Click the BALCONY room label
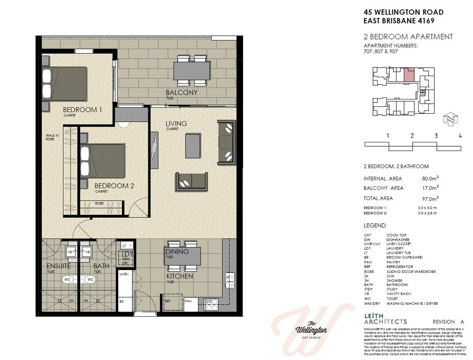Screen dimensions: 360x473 pyautogui.click(x=181, y=93)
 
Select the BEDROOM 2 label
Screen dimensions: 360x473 pyautogui.click(x=112, y=185)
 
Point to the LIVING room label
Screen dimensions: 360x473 pyautogui.click(x=176, y=124)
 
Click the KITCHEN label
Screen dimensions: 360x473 pyautogui.click(x=179, y=276)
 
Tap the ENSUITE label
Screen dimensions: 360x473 pyautogui.click(x=58, y=266)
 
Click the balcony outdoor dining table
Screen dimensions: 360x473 pyautogui.click(x=192, y=71)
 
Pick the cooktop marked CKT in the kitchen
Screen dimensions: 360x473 pyautogui.click(x=209, y=302)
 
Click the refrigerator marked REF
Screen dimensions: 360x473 pyautogui.click(x=168, y=301)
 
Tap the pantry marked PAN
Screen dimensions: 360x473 pyautogui.click(x=188, y=301)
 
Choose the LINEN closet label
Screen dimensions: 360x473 pyautogui.click(x=124, y=274)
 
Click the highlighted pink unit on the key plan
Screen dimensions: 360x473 pyautogui.click(x=410, y=75)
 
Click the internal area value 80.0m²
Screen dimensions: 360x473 pyautogui.click(x=430, y=178)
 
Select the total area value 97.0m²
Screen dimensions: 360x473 pyautogui.click(x=430, y=198)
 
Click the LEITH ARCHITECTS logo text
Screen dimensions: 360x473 pyautogui.click(x=385, y=319)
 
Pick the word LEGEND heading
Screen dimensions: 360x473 pyautogui.click(x=374, y=226)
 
